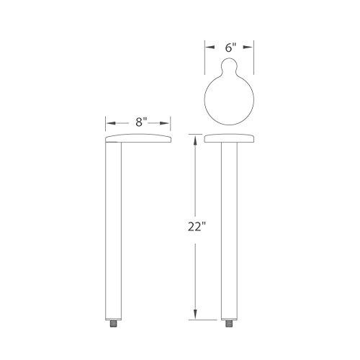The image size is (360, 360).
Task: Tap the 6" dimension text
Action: tap(229, 48)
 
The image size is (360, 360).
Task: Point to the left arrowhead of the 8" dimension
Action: tap(109, 122)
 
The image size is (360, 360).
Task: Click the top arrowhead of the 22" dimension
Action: tap(194, 138)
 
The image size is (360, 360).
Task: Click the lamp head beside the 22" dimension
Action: tap(229, 138)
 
